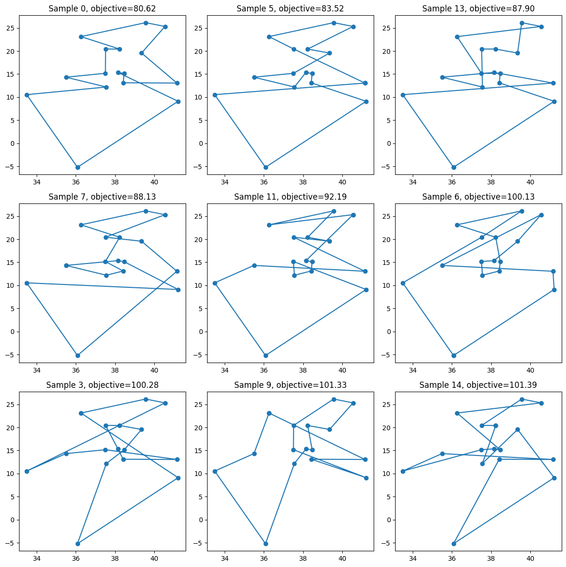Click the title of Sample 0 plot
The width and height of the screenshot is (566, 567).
(102, 8)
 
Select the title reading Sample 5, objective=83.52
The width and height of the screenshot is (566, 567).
(290, 8)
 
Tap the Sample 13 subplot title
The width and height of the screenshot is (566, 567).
(478, 8)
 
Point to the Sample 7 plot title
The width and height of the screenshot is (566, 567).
(102, 196)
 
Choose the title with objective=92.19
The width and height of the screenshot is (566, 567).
(290, 196)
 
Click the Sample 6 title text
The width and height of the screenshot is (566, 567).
(478, 196)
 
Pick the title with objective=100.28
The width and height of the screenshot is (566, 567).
(102, 385)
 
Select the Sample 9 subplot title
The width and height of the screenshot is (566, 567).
(290, 385)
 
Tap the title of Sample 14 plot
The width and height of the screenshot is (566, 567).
(478, 385)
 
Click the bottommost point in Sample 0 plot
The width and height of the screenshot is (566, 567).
(78, 167)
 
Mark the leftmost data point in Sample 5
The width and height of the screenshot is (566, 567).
(215, 95)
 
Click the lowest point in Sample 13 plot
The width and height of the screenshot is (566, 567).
(454, 167)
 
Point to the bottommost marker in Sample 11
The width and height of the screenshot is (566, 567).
(266, 355)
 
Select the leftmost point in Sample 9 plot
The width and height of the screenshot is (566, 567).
(215, 471)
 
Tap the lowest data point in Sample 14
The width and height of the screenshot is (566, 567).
(454, 544)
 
